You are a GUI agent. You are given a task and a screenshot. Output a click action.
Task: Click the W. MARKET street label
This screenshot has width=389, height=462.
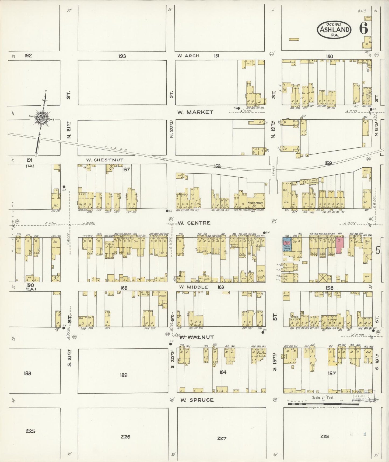click(195, 112)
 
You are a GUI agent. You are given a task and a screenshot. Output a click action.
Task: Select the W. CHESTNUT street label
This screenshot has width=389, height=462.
click(105, 160)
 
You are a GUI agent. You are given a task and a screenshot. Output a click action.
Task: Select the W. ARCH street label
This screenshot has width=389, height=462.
click(188, 56)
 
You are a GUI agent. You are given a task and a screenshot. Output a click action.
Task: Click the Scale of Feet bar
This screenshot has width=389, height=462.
click(323, 404)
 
